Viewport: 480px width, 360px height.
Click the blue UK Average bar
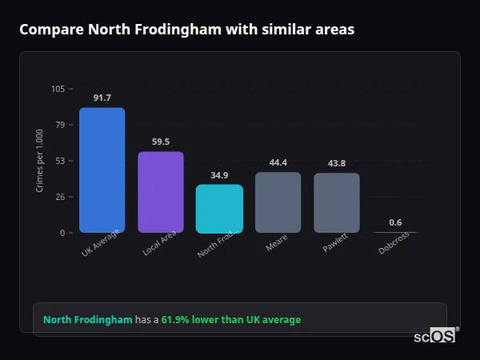coord(102,170)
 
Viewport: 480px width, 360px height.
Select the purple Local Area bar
coord(160,192)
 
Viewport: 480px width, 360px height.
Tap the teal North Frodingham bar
coord(219,209)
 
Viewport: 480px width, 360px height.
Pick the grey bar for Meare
coord(278,202)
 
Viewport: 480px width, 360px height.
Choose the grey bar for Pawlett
coord(337,203)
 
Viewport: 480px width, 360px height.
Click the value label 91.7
coord(102,98)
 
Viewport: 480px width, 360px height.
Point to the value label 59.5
coord(160,142)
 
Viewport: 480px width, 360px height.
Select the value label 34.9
coord(219,175)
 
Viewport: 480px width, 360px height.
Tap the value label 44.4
coord(278,162)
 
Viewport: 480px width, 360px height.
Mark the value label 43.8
coord(337,163)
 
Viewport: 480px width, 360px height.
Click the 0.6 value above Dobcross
coord(395,222)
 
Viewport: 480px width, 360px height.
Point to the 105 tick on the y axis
coord(58,89)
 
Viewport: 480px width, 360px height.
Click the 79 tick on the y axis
coord(60,125)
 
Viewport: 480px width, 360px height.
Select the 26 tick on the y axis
coord(60,197)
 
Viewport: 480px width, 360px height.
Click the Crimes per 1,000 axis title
coord(39,161)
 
